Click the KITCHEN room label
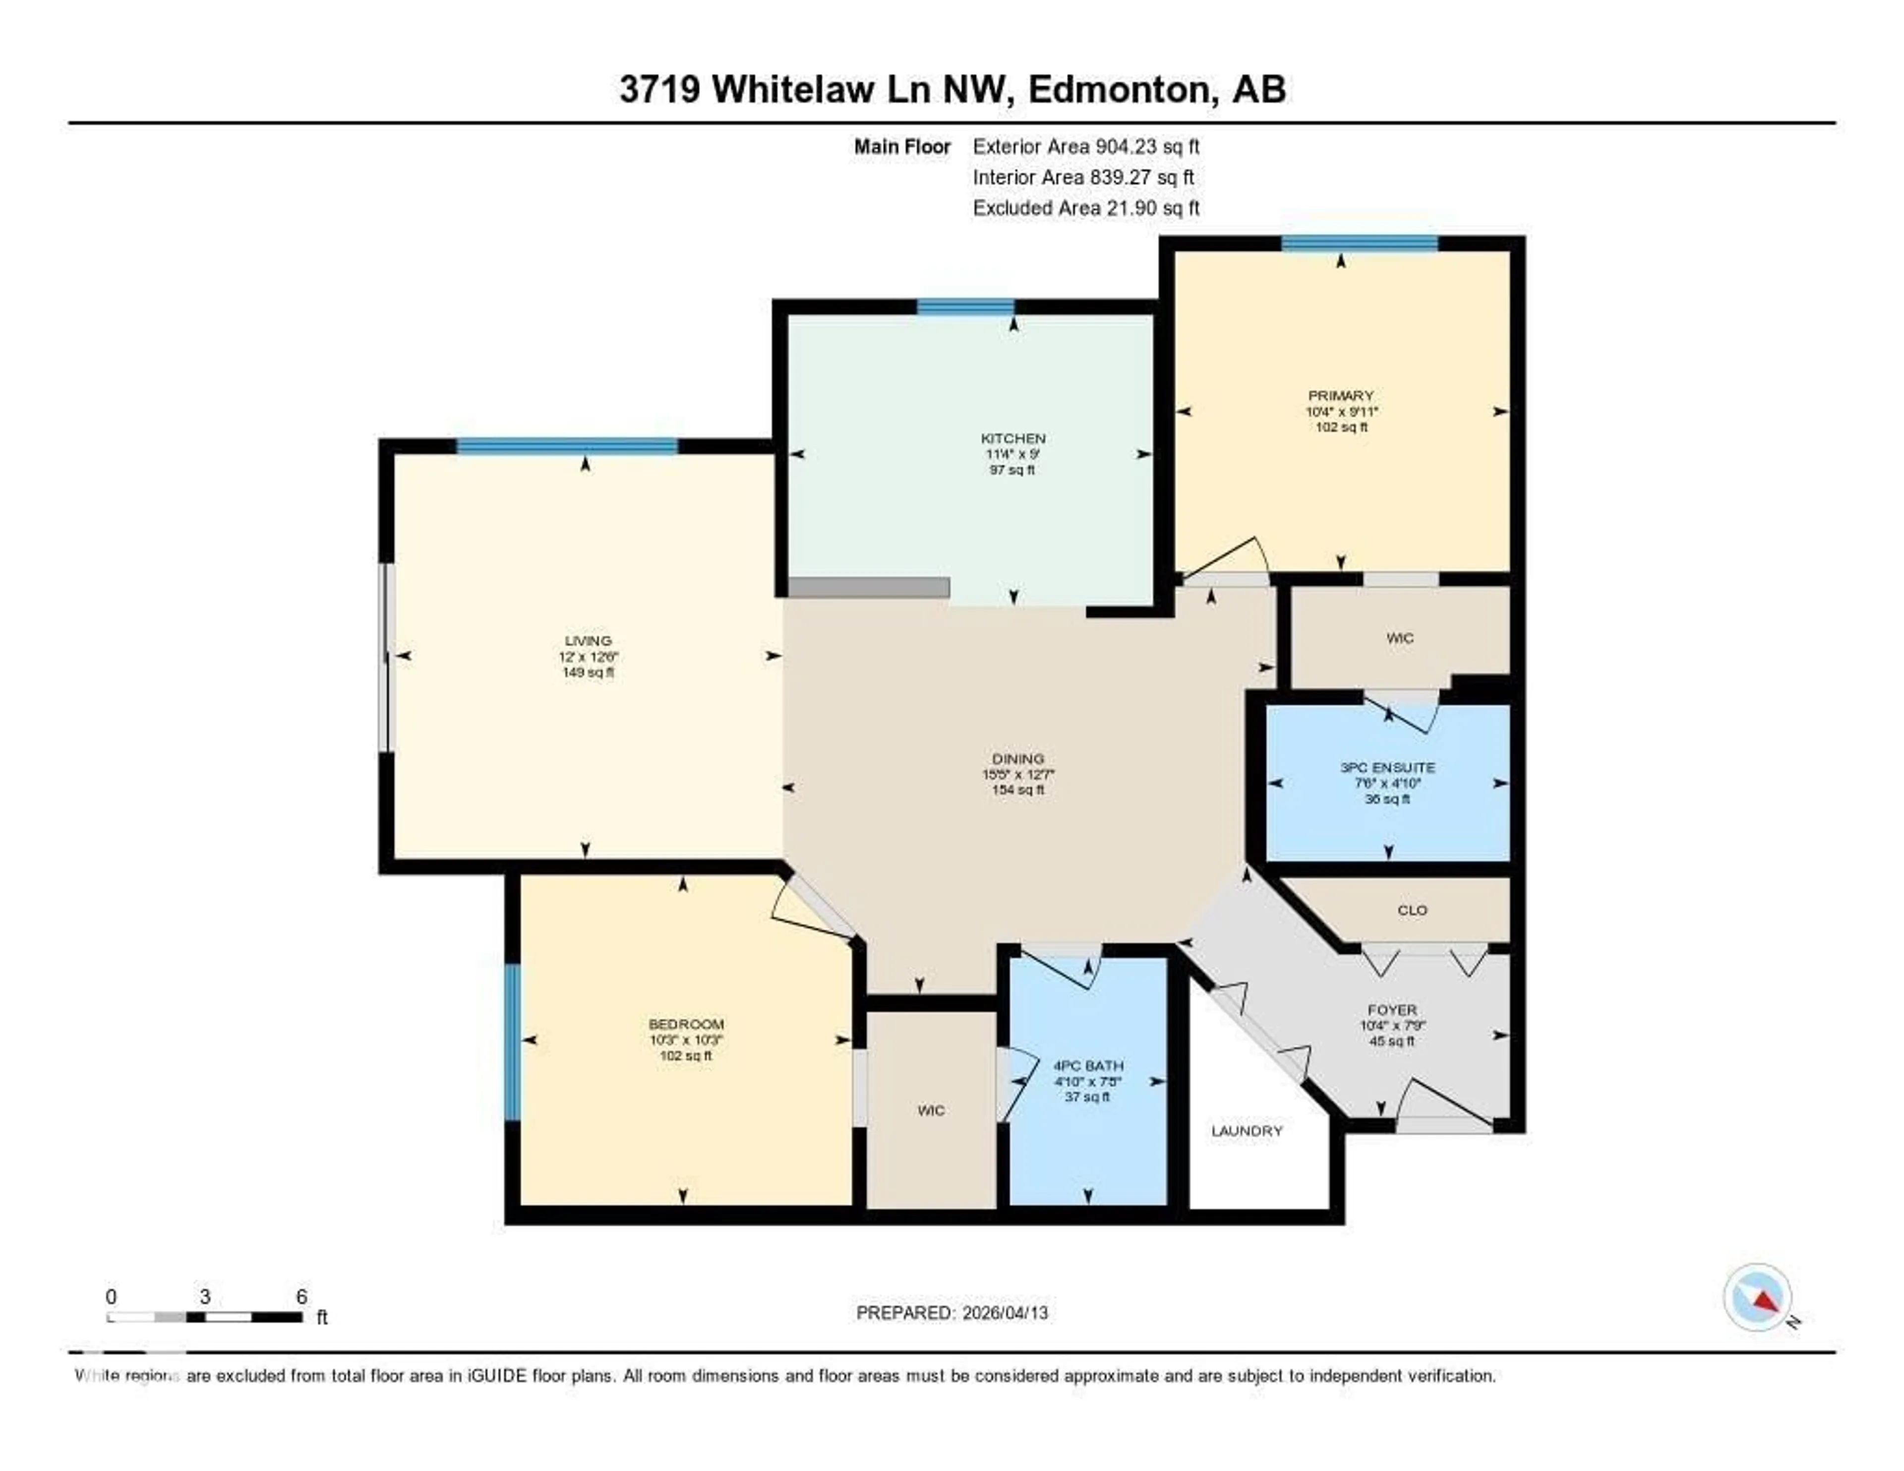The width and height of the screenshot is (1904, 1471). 1012,438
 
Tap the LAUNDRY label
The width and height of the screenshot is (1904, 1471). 1246,1131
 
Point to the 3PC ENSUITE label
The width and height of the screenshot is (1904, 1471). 1387,767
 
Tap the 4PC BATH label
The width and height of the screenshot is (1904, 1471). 1087,1065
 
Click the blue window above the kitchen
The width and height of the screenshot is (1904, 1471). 965,307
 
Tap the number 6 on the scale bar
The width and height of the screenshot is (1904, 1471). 301,1296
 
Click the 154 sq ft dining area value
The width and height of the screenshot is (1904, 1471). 1017,790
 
